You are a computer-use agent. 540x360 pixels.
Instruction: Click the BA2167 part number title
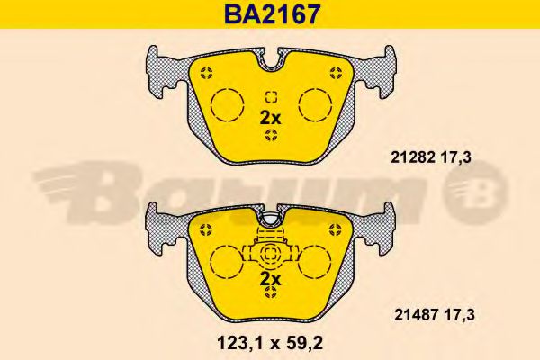pyautogui.click(x=272, y=14)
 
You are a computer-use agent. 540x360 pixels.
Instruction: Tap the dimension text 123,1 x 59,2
pyautogui.click(x=270, y=343)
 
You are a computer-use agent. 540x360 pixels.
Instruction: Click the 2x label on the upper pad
pyautogui.click(x=270, y=119)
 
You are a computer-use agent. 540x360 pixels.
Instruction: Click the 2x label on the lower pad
pyautogui.click(x=270, y=279)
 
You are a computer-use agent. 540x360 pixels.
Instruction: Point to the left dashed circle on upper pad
pyautogui.click(x=228, y=104)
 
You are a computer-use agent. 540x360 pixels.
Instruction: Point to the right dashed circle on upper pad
pyautogui.click(x=316, y=104)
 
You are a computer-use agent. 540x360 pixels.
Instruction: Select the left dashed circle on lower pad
pyautogui.click(x=227, y=263)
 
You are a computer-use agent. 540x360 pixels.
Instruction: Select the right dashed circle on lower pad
pyautogui.click(x=314, y=263)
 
